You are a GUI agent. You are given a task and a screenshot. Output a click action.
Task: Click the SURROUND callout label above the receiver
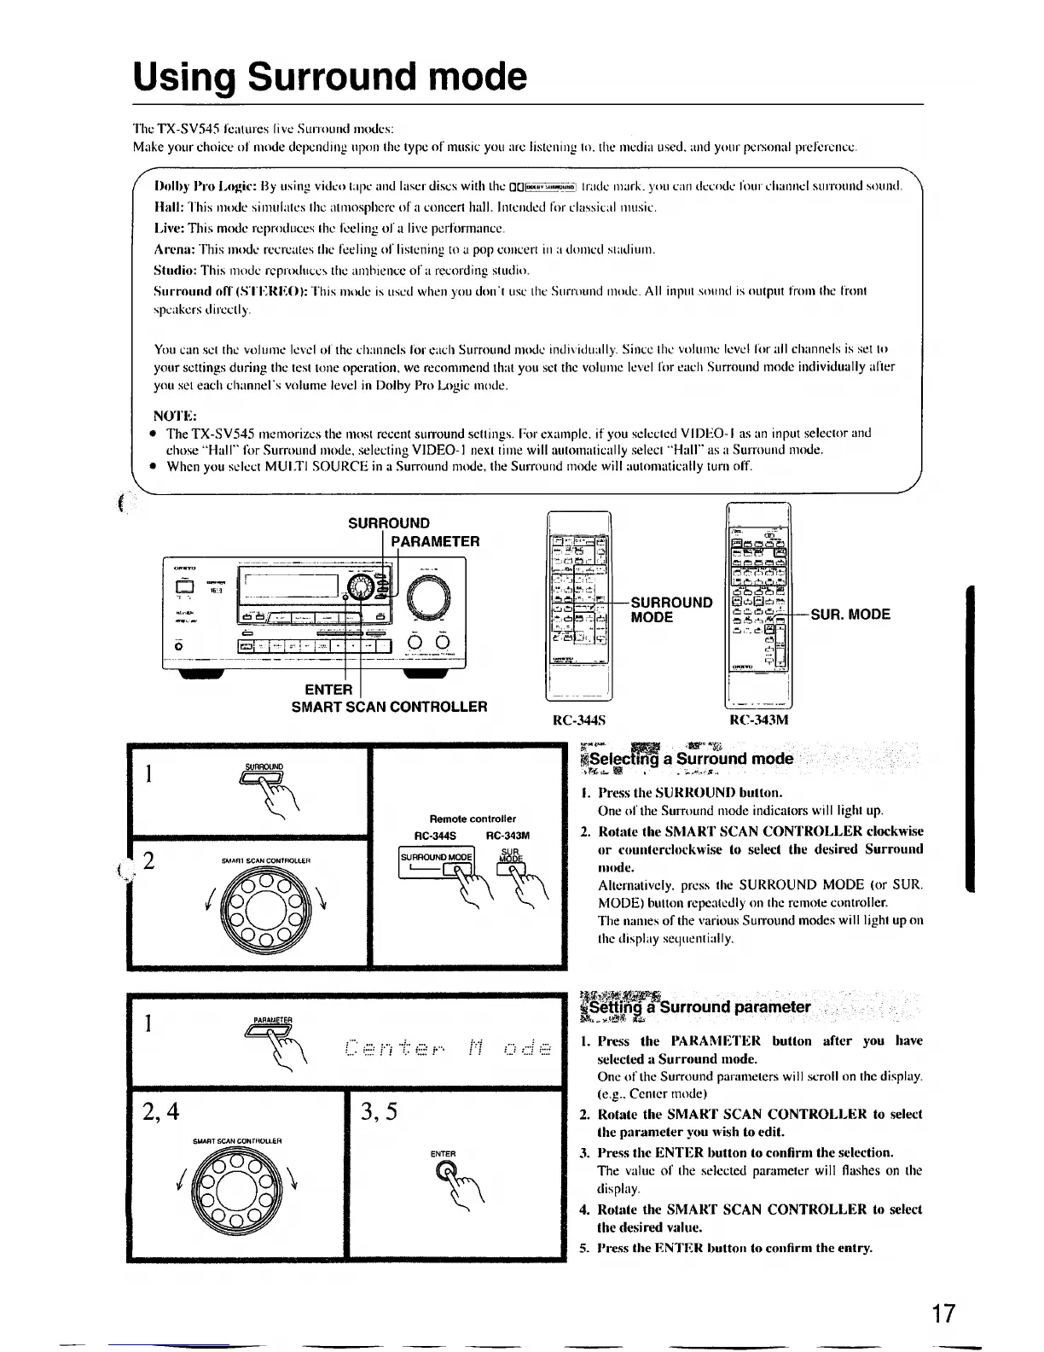(x=389, y=523)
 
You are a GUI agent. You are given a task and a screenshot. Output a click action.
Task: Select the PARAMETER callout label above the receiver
(x=435, y=541)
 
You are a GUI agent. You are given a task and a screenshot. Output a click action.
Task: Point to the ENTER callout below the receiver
(x=328, y=689)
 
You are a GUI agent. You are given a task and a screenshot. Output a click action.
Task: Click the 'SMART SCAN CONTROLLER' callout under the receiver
(x=390, y=707)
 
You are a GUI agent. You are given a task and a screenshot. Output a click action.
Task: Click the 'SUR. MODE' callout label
(x=850, y=614)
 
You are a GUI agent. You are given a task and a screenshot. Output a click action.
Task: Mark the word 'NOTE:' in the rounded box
(x=175, y=416)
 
